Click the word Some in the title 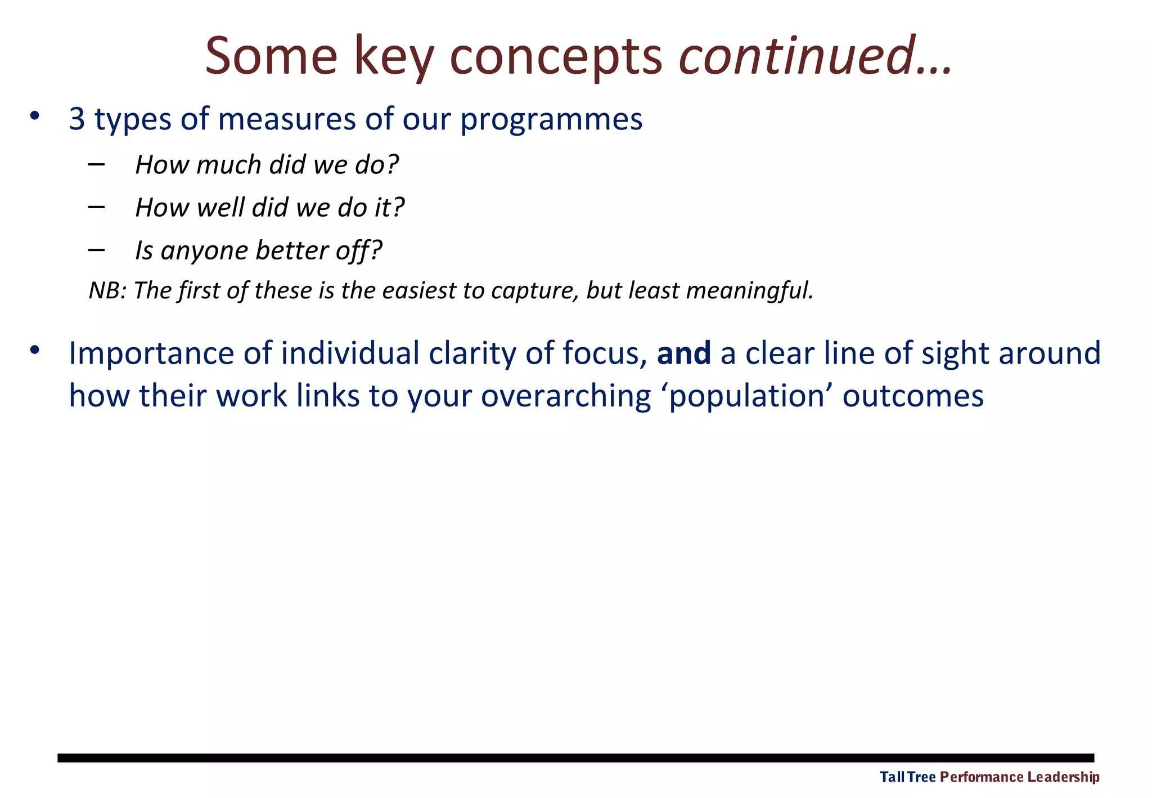pos(271,56)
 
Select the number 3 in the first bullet pos(77,119)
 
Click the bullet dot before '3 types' pos(35,116)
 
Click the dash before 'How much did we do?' pos(96,164)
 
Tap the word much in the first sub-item pos(228,165)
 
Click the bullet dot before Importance pos(35,350)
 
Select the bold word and pos(683,353)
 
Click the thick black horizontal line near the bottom pos(575,758)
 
